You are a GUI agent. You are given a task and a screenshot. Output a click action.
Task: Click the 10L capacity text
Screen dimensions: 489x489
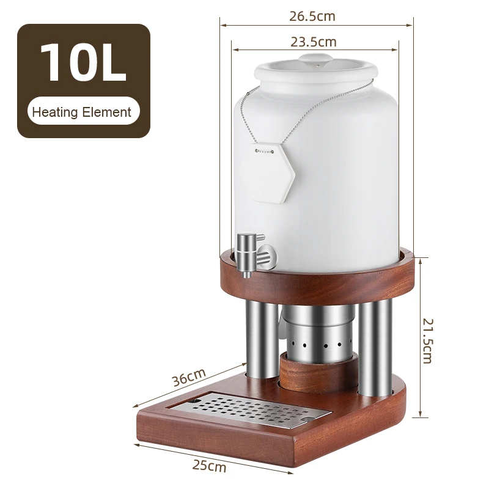(83, 63)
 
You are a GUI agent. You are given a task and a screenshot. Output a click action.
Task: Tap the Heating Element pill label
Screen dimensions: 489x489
(82, 112)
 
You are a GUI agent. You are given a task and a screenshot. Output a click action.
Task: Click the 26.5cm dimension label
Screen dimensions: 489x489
(312, 16)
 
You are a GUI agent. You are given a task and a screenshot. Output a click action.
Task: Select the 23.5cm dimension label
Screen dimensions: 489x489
(314, 42)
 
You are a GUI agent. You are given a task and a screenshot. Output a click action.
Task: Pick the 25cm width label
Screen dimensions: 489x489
(209, 466)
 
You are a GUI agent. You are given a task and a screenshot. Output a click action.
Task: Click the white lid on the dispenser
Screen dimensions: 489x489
(315, 68)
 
